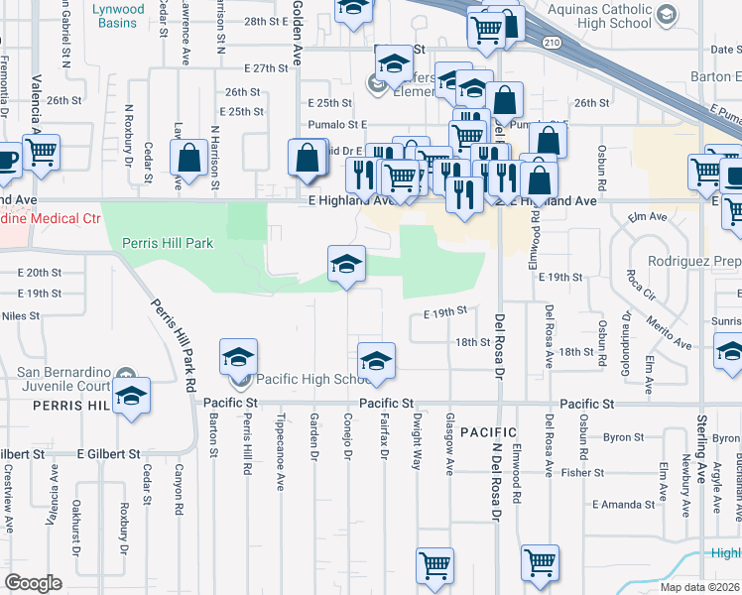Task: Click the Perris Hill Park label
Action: pyautogui.click(x=168, y=242)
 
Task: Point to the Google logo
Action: pyautogui.click(x=33, y=582)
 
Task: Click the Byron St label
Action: pyautogui.click(x=623, y=437)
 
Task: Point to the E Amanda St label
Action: pyautogui.click(x=624, y=504)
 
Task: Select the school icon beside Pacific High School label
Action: pyautogui.click(x=239, y=359)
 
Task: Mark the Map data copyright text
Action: pyautogui.click(x=700, y=587)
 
